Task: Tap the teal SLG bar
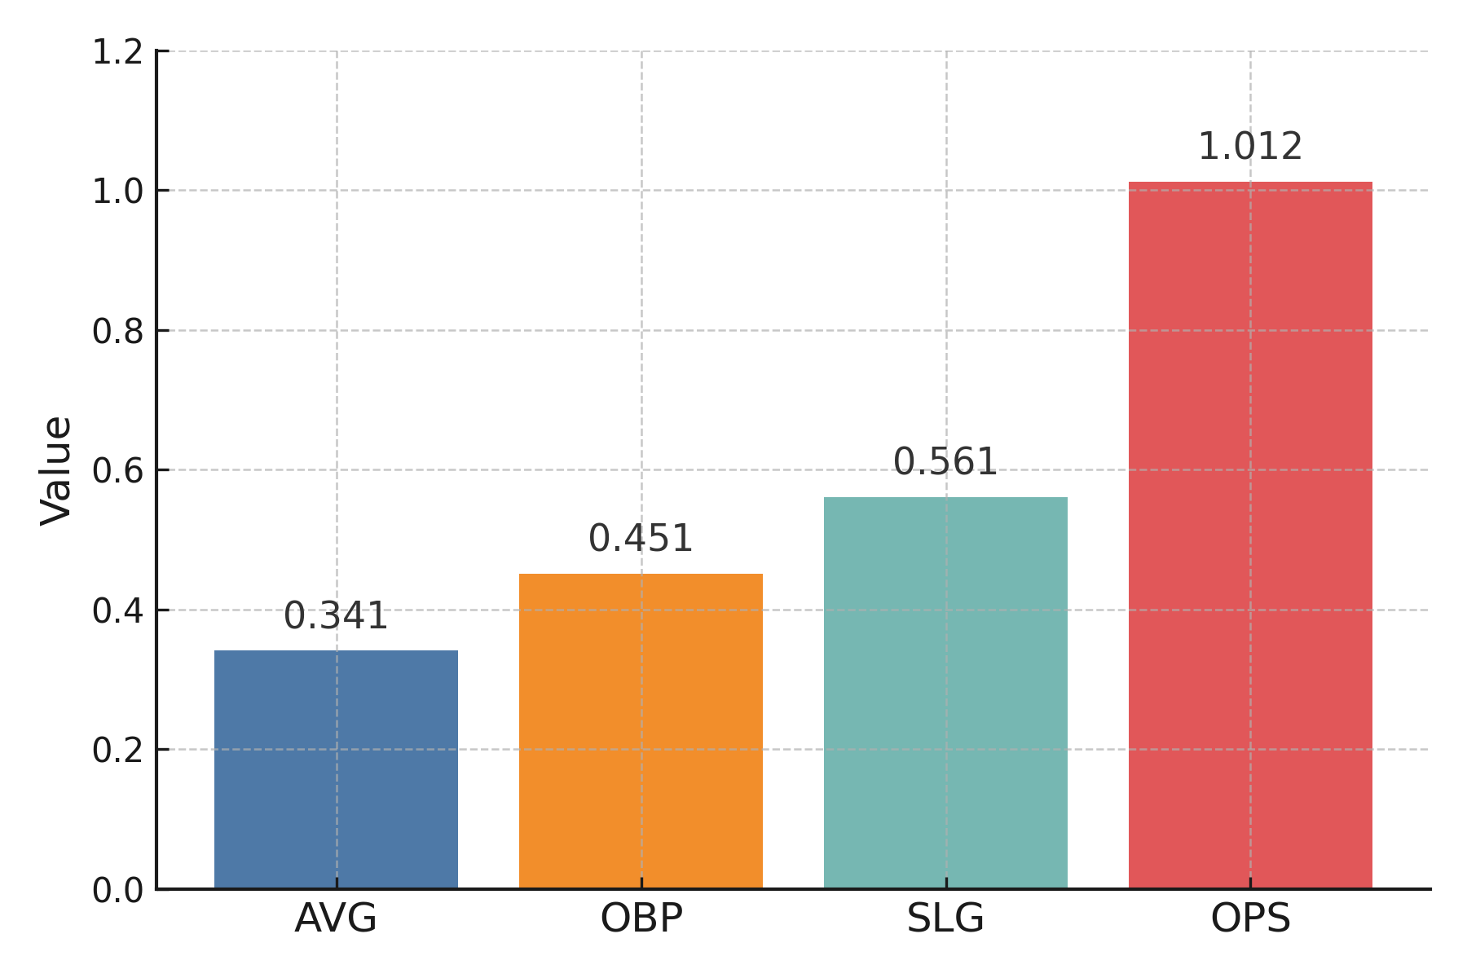945,692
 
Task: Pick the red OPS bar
1250,535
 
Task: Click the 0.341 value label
336,616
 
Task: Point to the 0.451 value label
641,539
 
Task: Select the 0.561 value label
945,462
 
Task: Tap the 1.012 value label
1250,147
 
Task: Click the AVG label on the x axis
336,919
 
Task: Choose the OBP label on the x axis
641,919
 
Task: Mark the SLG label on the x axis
945,919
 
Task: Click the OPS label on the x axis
1250,919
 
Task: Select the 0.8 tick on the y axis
117,332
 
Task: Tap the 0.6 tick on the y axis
117,471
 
